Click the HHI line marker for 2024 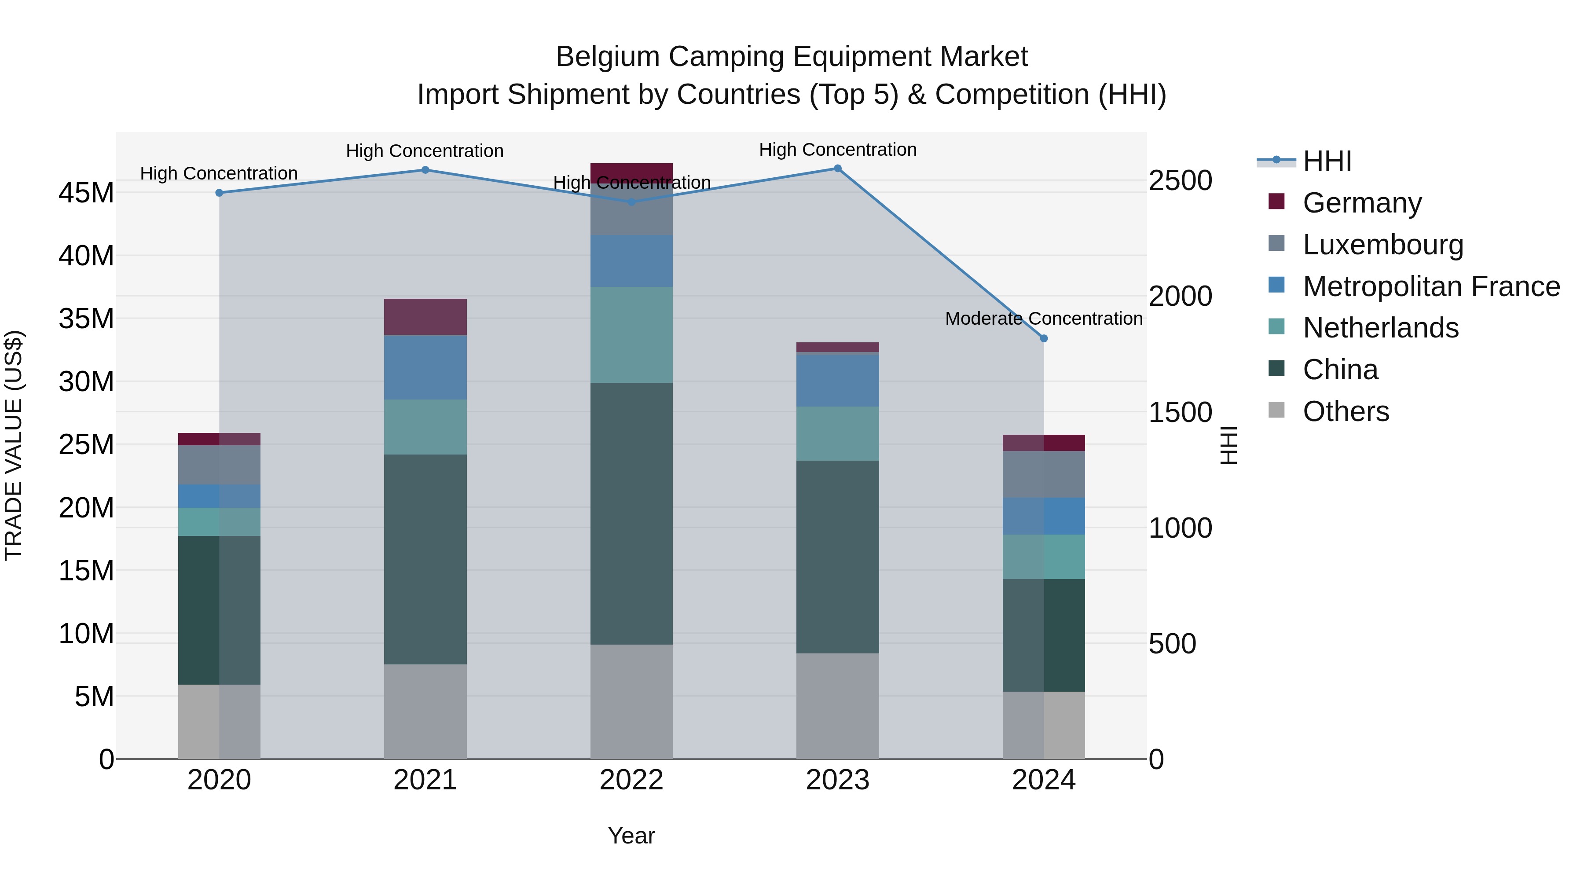point(1044,338)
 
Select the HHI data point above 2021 point(425,170)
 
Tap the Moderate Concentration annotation point(1044,319)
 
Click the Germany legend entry point(1361,203)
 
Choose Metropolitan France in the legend point(1431,286)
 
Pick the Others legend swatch point(1276,410)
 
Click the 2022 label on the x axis point(631,780)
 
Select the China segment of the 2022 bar point(631,513)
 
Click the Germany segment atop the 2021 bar point(425,317)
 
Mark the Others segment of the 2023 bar point(837,706)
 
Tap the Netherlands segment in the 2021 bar point(425,427)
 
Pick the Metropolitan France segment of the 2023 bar point(837,381)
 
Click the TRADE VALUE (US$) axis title point(14,445)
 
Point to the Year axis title point(631,836)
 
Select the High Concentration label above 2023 point(837,150)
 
